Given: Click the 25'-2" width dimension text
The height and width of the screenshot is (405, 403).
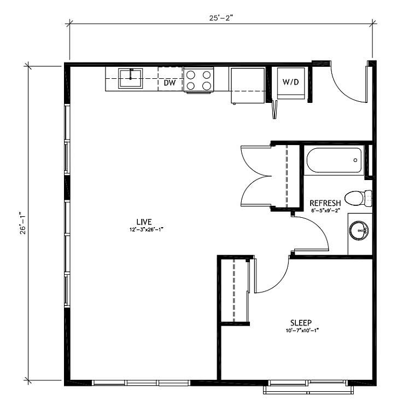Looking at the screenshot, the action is click(x=221, y=18).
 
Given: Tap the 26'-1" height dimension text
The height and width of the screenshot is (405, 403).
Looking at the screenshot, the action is click(x=23, y=223).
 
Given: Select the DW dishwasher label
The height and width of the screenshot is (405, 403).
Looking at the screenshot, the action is click(x=170, y=83).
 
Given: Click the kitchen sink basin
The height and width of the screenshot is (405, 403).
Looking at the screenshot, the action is click(x=130, y=78).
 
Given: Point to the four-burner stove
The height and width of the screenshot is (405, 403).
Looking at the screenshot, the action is click(x=198, y=80).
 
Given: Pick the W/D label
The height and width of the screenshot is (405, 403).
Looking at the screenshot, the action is click(x=291, y=82).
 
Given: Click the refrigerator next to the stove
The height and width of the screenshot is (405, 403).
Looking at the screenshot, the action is click(x=248, y=85).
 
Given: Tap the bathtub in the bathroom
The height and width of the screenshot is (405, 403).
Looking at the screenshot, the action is click(x=334, y=160).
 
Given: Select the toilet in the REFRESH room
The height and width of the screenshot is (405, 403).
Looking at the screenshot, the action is click(x=358, y=198).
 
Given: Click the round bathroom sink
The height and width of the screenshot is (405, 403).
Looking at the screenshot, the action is click(x=359, y=230).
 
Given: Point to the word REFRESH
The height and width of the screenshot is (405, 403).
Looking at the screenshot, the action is click(x=325, y=203).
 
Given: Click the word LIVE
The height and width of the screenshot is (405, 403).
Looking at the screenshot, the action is click(x=144, y=222).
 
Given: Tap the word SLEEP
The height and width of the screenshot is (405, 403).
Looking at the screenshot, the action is click(x=301, y=323).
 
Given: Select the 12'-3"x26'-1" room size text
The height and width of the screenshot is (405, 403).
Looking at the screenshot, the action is click(x=147, y=229).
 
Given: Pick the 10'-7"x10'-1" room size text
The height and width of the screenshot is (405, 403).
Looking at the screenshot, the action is click(x=302, y=331).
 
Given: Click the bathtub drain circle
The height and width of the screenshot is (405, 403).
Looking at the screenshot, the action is click(x=355, y=160).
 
